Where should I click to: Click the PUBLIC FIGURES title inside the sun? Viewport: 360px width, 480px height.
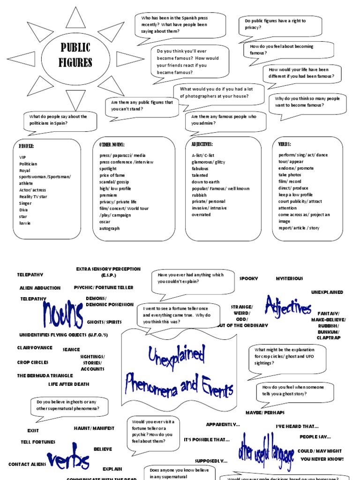pyautogui.click(x=75, y=55)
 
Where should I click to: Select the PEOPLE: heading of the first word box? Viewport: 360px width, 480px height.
pyautogui.click(x=27, y=146)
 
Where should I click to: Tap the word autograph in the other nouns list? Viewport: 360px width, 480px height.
pyautogui.click(x=109, y=228)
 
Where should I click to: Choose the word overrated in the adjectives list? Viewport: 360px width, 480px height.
pyautogui.click(x=201, y=215)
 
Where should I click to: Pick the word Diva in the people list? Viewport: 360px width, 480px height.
pyautogui.click(x=24, y=210)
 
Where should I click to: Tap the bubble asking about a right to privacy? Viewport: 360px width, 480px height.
pyautogui.click(x=280, y=24)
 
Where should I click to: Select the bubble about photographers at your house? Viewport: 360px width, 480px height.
pyautogui.click(x=218, y=92)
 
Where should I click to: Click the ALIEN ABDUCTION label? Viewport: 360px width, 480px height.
pyautogui.click(x=40, y=288)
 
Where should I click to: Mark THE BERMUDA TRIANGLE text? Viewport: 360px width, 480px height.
pyautogui.click(x=45, y=375)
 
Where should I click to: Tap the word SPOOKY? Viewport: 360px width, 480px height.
pyautogui.click(x=248, y=278)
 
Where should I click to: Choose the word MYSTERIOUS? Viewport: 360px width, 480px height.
pyautogui.click(x=289, y=278)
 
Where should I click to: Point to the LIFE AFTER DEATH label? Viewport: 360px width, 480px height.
pyautogui.click(x=68, y=384)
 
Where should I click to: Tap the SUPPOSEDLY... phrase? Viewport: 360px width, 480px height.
pyautogui.click(x=211, y=461)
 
